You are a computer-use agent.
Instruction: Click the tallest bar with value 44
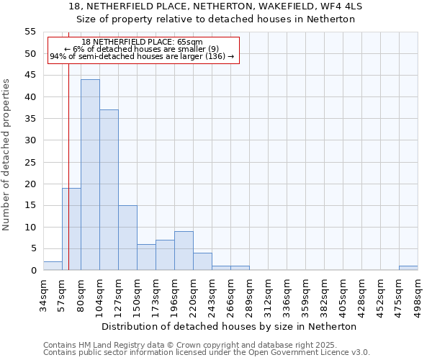90,175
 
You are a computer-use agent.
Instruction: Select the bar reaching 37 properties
109,190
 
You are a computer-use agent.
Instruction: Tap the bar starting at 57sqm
71,229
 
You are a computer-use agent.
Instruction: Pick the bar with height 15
127,238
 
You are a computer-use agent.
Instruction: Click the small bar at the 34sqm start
53,266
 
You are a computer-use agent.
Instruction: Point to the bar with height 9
184,251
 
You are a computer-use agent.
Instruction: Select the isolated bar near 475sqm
408,268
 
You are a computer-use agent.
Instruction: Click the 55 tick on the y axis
30,32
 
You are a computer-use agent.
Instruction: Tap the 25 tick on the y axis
30,162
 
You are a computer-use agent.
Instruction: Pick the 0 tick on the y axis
33,271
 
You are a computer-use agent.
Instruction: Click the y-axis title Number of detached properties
7,155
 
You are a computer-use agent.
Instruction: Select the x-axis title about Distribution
229,326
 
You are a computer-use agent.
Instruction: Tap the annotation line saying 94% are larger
142,56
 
